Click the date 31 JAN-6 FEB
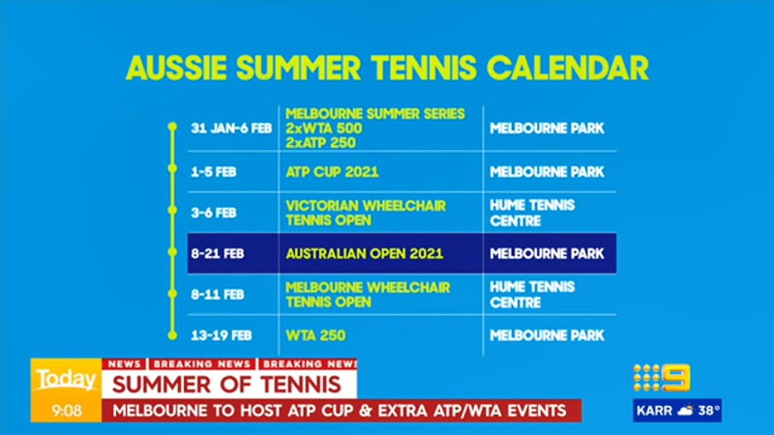click(x=231, y=128)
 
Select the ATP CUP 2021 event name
click(x=332, y=173)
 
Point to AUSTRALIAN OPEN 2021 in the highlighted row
click(x=364, y=254)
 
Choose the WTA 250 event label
click(x=315, y=335)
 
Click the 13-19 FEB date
click(x=223, y=335)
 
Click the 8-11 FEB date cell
click(x=219, y=294)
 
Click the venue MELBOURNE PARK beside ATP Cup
click(x=547, y=173)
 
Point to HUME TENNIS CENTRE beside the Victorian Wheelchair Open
click(x=532, y=213)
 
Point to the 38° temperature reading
click(x=709, y=410)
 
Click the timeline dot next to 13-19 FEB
click(x=172, y=335)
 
